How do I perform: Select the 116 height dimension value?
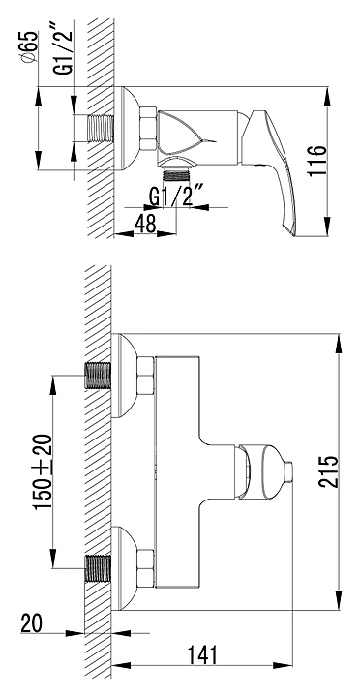(317, 161)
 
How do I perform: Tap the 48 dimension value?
(145, 224)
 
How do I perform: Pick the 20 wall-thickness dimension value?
(31, 622)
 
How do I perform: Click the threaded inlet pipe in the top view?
(101, 129)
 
